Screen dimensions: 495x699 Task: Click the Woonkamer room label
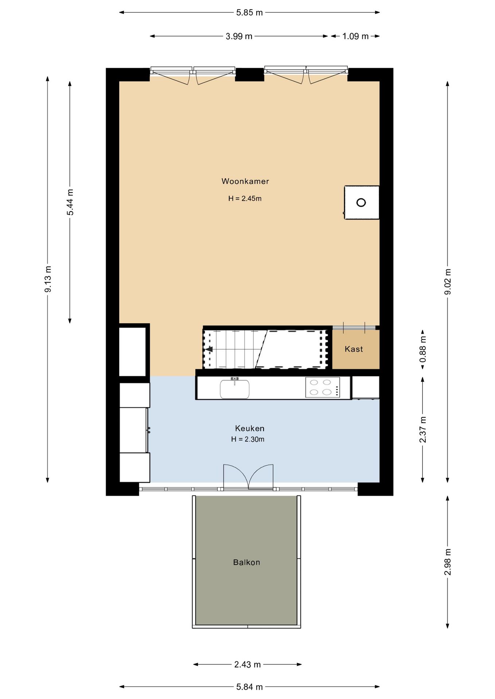tap(245, 181)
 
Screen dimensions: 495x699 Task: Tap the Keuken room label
tap(250, 429)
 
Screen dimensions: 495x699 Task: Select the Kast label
tap(354, 349)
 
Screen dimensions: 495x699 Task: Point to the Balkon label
tap(246, 562)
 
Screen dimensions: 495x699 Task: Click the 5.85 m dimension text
tap(249, 13)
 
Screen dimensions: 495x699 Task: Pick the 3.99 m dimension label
tap(239, 36)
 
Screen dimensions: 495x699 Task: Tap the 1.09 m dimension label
tap(355, 36)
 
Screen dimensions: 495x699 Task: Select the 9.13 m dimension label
tap(48, 279)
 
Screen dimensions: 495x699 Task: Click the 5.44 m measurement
tap(70, 202)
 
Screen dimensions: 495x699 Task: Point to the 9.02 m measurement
tap(448, 282)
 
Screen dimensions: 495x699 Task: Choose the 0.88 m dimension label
tap(423, 349)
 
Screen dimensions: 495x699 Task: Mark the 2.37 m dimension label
tap(423, 430)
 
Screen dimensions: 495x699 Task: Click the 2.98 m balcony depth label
tap(448, 562)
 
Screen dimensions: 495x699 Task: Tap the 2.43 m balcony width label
tap(247, 664)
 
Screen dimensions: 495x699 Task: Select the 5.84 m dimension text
tap(249, 687)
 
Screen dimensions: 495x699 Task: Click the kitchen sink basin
tap(235, 389)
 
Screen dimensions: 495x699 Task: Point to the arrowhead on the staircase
tap(209, 349)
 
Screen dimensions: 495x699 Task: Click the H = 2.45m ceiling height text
tap(245, 199)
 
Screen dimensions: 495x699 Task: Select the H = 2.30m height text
tap(248, 439)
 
